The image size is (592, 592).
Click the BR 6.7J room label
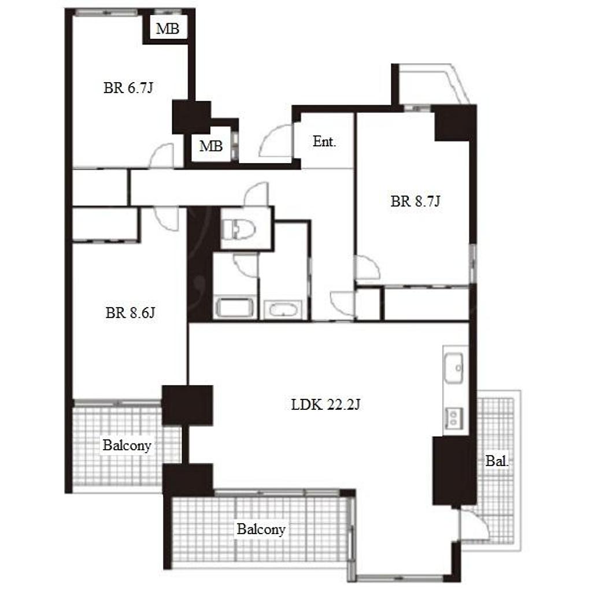click(x=128, y=88)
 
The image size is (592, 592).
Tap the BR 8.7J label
click(x=415, y=201)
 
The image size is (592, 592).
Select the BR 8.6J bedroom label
click(x=130, y=313)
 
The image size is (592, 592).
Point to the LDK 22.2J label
click(x=325, y=405)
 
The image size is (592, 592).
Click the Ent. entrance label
click(x=324, y=142)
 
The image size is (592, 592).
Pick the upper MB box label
click(x=168, y=28)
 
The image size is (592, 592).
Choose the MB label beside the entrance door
click(x=211, y=146)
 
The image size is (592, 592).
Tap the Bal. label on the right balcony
click(x=497, y=461)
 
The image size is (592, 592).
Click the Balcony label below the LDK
click(x=261, y=530)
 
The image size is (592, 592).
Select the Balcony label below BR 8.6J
click(x=127, y=446)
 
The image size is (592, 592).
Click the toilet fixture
click(x=239, y=229)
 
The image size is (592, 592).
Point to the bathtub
click(x=234, y=307)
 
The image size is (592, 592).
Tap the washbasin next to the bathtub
click(x=283, y=309)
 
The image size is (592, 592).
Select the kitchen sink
click(x=454, y=368)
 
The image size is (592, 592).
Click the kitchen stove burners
click(x=453, y=417)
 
